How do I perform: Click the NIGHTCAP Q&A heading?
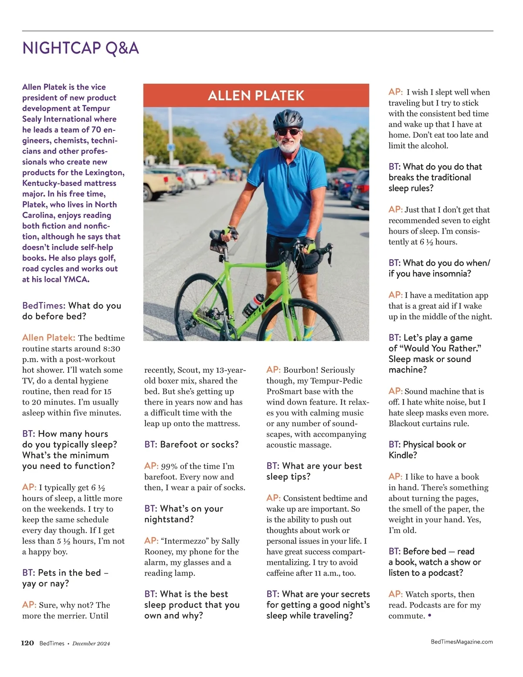(x=81, y=48)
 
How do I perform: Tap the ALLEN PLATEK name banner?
(x=256, y=95)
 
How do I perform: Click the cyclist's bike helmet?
(x=288, y=118)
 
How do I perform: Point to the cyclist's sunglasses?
(x=288, y=132)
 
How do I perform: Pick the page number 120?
(x=27, y=643)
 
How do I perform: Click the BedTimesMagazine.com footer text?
(x=462, y=642)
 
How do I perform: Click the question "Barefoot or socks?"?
(x=192, y=445)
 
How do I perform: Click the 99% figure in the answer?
(x=169, y=466)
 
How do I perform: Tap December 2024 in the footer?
(x=91, y=643)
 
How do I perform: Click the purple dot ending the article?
(x=430, y=616)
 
